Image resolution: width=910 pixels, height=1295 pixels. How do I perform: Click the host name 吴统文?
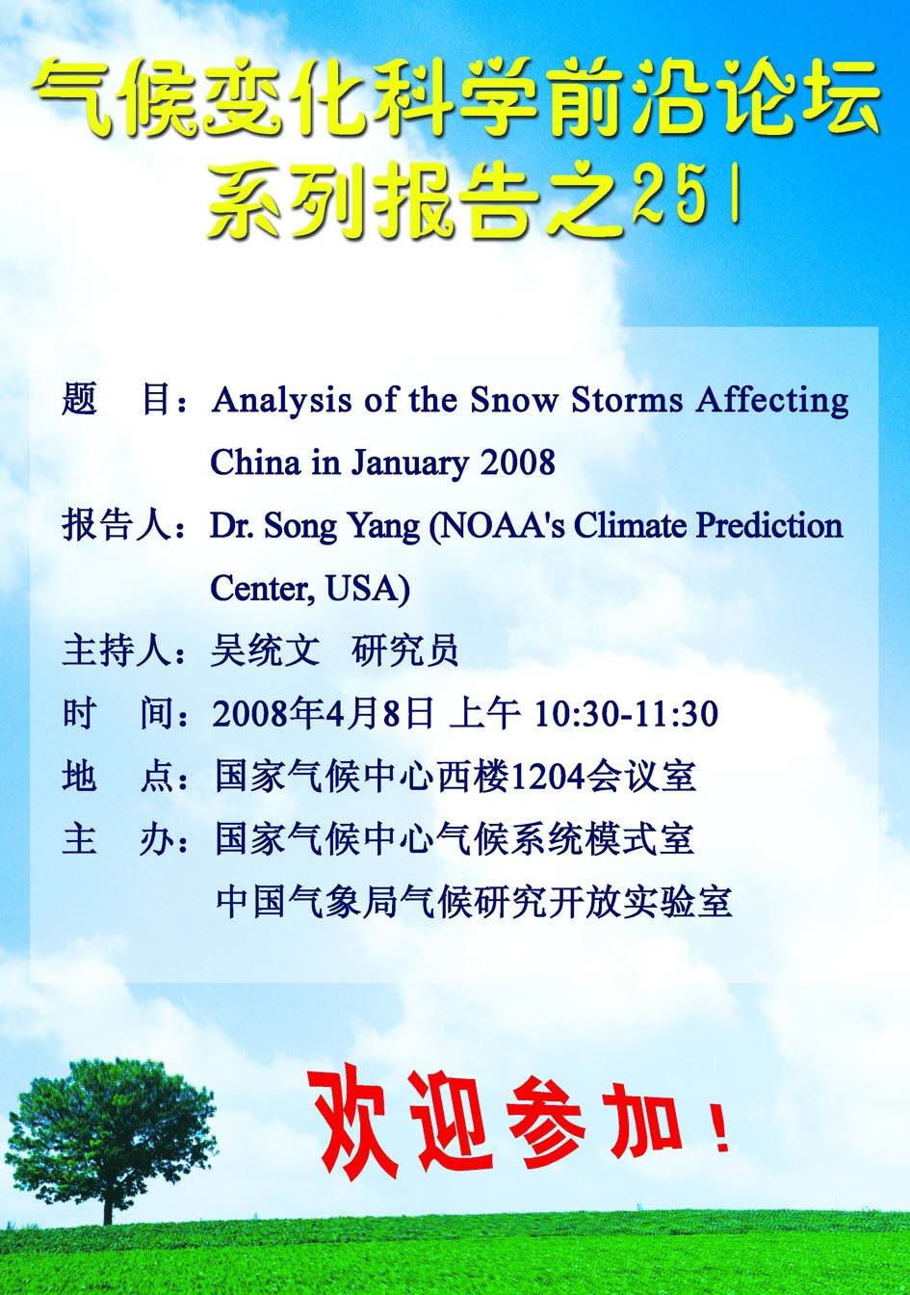[x=265, y=650]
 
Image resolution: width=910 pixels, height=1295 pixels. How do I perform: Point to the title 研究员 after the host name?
[x=405, y=650]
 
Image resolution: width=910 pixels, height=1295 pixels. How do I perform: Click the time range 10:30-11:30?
[x=626, y=714]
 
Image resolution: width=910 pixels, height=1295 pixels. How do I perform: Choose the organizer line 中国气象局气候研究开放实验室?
[x=474, y=902]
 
